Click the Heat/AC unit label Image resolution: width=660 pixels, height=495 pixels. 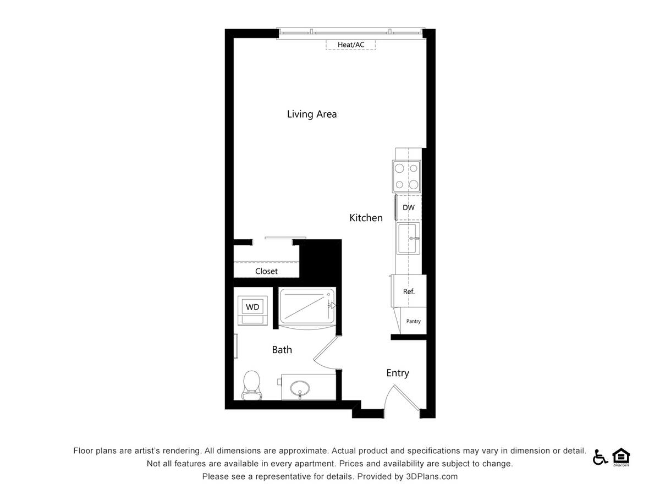351,45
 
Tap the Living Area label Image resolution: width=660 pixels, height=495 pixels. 312,114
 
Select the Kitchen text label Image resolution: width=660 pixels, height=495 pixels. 366,218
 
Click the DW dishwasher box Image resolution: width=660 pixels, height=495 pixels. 409,208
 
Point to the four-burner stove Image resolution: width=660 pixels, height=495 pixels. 406,177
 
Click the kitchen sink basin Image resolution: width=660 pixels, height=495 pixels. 408,239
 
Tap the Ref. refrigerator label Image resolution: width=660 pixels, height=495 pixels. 409,291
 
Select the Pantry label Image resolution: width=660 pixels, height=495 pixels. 413,321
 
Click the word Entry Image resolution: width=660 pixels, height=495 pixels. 397,373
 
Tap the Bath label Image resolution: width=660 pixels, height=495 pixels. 282,350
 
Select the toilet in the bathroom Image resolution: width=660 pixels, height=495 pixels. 251,384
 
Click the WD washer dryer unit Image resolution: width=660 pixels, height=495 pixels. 252,307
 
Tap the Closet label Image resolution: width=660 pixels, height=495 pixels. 266,271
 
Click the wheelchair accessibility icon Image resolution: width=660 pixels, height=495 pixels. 599,457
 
